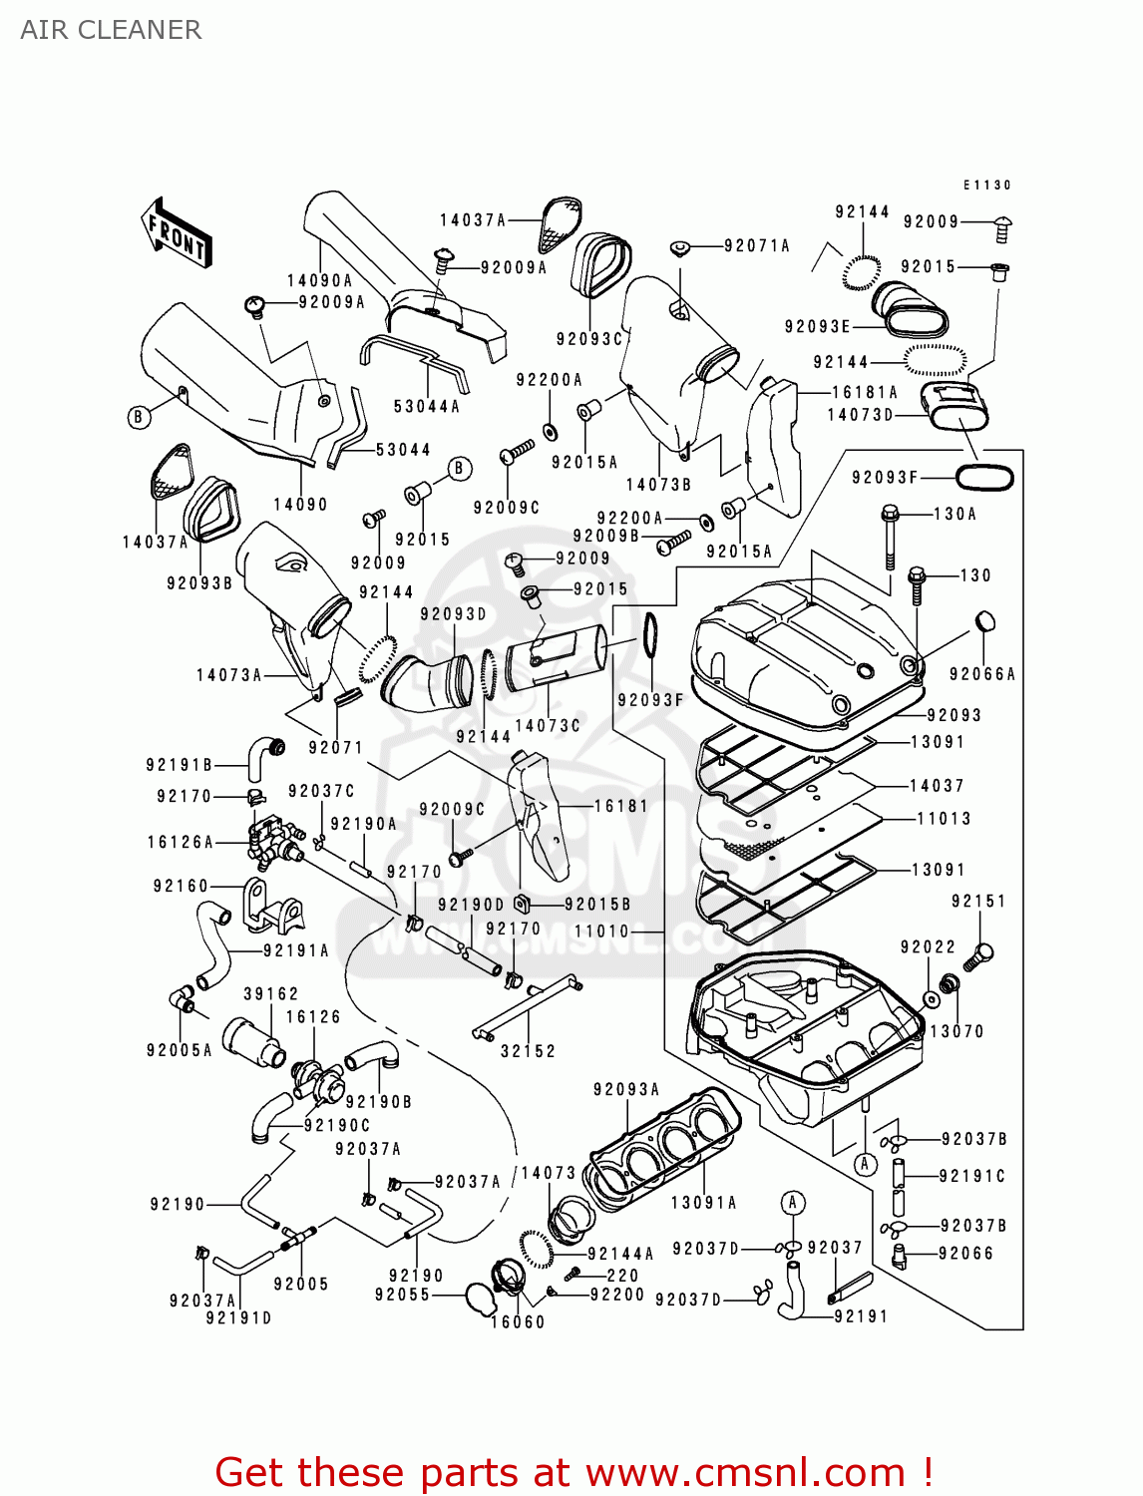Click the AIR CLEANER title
coord(111,30)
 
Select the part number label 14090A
coord(320,281)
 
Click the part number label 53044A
coord(427,406)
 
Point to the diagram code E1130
coord(986,186)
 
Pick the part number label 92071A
coord(757,245)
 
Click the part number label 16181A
coord(865,392)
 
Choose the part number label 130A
coord(954,514)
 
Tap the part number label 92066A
coord(981,674)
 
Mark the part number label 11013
coord(944,819)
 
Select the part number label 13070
coord(956,1031)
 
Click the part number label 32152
coord(528,1051)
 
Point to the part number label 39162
coord(271,993)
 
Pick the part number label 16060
coord(518,1322)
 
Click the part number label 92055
coord(402,1295)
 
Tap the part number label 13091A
coord(703,1203)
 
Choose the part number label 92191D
coord(238,1318)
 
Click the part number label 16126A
coord(181,842)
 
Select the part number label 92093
coord(953,715)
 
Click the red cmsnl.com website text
coord(573,1472)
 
